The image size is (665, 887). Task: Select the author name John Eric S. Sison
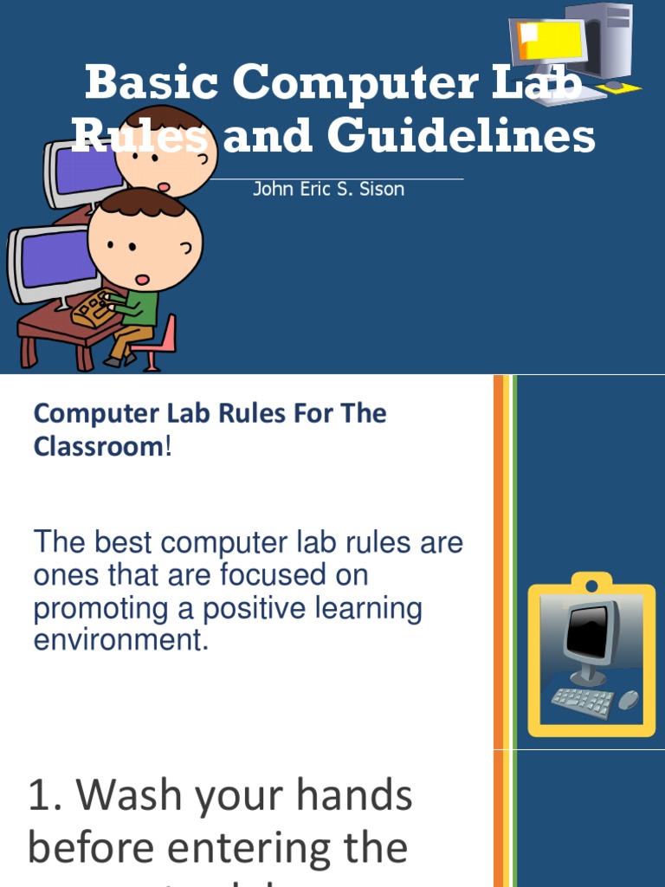point(328,188)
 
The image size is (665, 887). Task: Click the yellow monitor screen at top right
point(549,42)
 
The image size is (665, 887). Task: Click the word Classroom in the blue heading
point(98,447)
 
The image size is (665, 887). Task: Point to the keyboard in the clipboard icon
point(582,701)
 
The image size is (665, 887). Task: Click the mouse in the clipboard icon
point(628,699)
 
